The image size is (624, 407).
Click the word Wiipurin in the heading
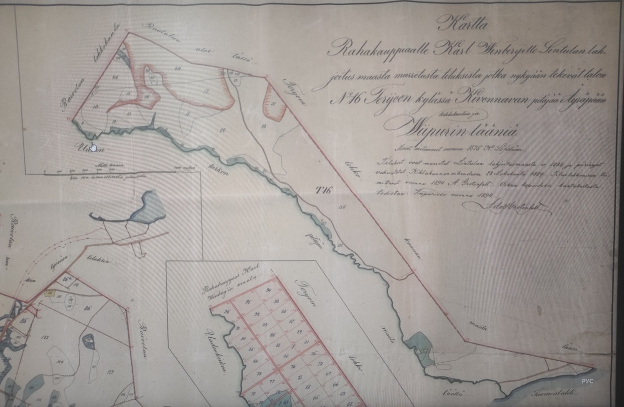[436, 128]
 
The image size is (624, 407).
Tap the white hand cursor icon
[93, 147]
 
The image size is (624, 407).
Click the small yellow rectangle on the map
[49, 293]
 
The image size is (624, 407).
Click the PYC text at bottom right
[587, 381]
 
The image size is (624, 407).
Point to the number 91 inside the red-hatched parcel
[273, 104]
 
